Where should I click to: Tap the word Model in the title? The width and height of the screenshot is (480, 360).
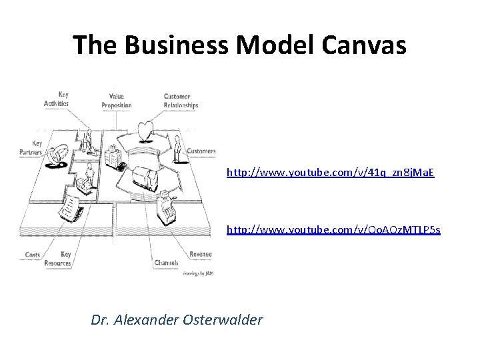tap(277, 45)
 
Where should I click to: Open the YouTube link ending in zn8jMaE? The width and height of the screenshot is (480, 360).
tap(331, 172)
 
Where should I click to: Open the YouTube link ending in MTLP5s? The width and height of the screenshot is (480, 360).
tap(333, 230)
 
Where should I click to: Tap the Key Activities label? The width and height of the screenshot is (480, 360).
tap(57, 100)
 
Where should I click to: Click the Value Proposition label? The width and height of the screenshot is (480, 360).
tap(116, 101)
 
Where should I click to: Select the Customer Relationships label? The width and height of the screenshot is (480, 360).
tap(181, 101)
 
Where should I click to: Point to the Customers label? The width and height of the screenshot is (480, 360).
tap(201, 151)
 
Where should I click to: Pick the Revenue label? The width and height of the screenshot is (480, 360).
tap(201, 254)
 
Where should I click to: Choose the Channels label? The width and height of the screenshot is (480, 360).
tap(165, 263)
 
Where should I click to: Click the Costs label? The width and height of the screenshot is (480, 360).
tap(33, 255)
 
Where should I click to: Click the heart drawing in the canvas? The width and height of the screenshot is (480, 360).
tap(145, 130)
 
